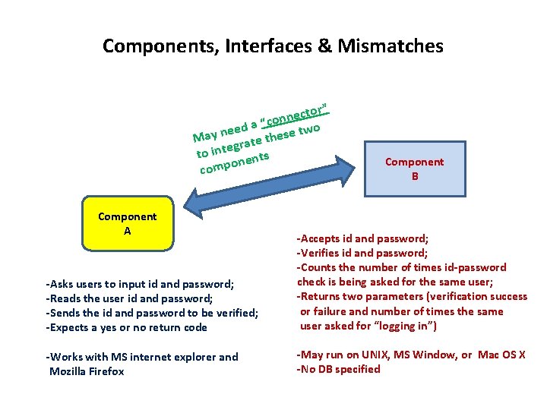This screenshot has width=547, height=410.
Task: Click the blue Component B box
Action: click(414, 169)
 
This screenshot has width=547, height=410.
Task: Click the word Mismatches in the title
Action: click(391, 46)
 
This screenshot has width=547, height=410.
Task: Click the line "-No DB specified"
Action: click(338, 370)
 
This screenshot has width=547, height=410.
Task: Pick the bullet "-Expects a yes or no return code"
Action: click(127, 327)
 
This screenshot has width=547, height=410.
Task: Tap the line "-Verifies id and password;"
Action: click(362, 253)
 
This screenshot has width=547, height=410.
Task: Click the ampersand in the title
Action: click(326, 46)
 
